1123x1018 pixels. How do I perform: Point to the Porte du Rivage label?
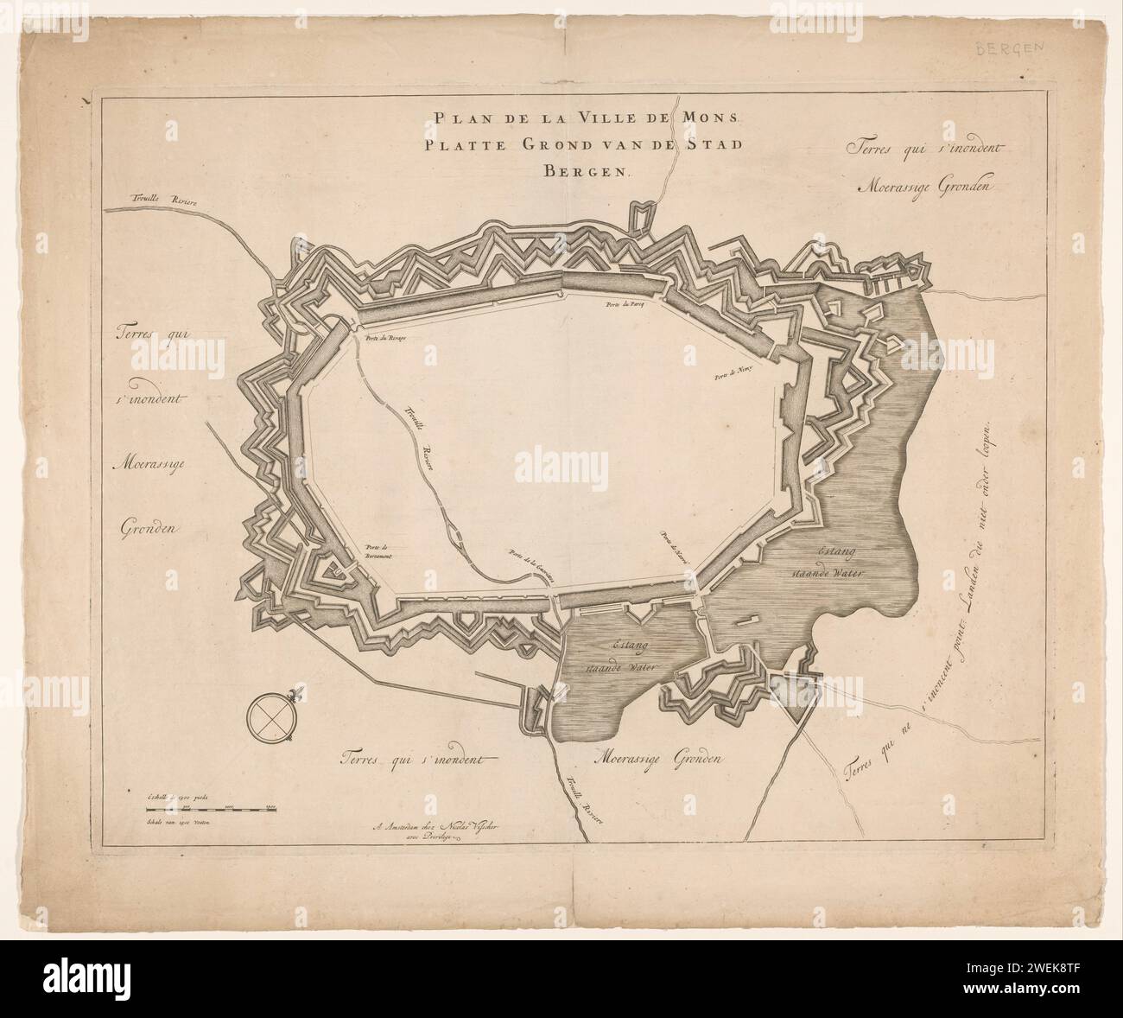[x=385, y=338]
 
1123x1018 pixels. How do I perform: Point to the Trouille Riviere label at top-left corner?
[x=142, y=200]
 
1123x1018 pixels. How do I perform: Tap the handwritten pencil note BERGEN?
[x=1008, y=49]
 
